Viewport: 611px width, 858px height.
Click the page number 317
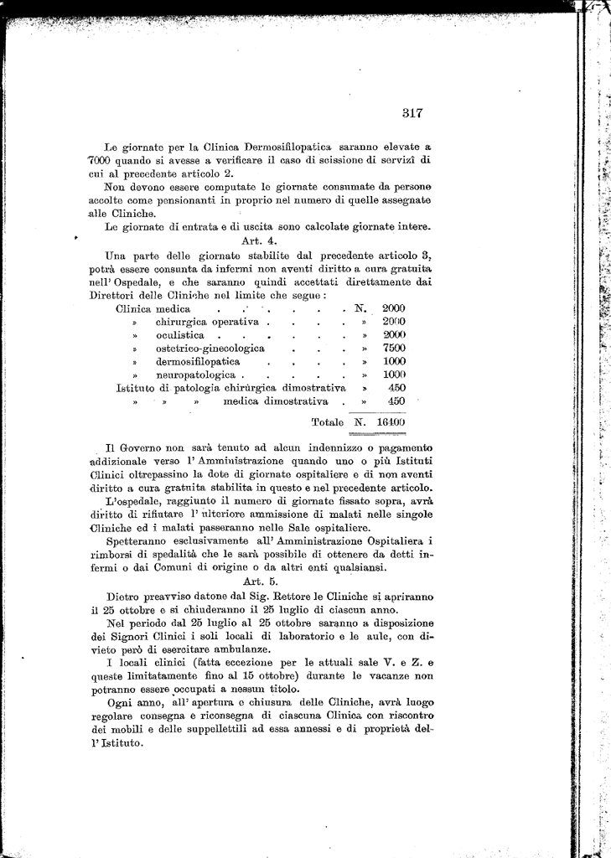[x=415, y=112]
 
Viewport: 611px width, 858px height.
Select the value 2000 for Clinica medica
[x=394, y=308]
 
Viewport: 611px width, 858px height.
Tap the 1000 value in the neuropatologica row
[x=394, y=375]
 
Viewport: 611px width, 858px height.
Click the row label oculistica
[x=180, y=335]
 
